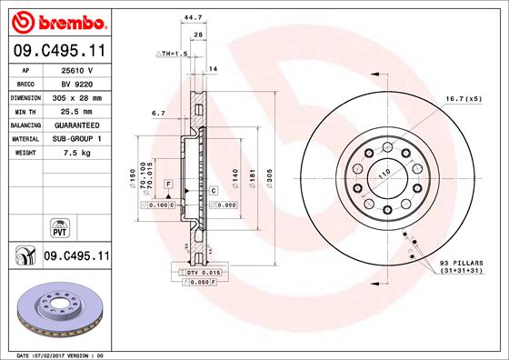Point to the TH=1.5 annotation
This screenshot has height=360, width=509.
(173, 55)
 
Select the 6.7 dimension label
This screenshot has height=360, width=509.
(158, 114)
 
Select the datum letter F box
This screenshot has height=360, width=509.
(168, 185)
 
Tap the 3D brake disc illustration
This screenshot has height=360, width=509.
(58, 310)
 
